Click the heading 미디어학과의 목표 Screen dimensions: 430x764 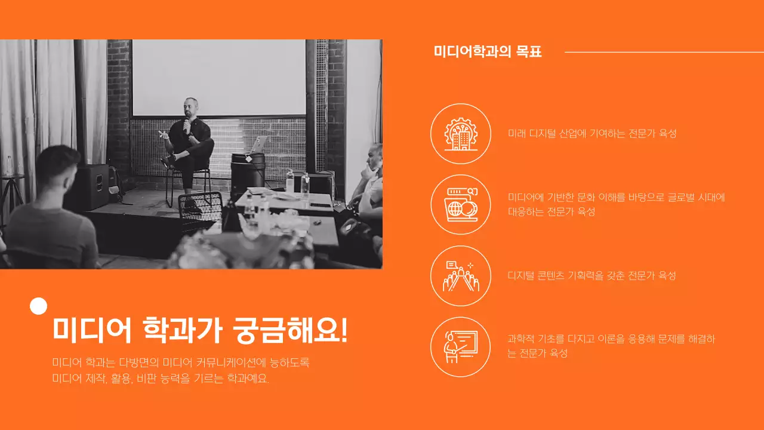488,52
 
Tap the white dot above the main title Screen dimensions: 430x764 38,306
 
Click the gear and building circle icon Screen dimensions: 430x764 460,134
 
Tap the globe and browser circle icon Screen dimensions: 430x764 460,205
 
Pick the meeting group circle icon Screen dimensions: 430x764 460,276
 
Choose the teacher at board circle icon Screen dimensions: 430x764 460,347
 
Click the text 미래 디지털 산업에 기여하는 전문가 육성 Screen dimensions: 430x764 592,134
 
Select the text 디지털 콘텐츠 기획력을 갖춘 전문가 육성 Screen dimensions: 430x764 592,276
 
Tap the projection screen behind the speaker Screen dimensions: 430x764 218,78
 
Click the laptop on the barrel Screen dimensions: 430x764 259,144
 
